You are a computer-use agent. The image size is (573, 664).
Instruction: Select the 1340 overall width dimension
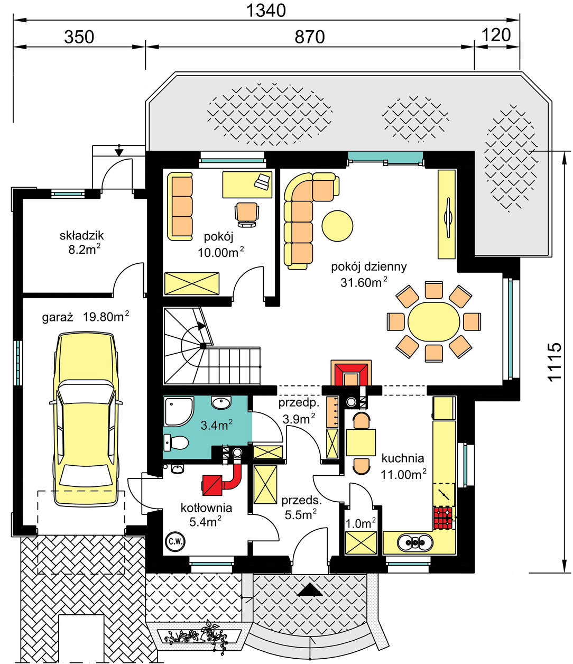266,10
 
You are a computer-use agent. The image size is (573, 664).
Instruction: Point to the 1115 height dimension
554,362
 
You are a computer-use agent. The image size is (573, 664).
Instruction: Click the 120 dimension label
496,35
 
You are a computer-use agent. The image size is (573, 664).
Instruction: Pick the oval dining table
433,321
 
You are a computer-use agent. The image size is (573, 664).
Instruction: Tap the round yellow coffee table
337,226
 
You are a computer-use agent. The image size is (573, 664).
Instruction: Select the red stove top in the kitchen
443,518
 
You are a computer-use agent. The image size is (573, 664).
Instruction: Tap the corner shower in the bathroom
179,411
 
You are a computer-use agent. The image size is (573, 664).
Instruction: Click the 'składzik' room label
81,235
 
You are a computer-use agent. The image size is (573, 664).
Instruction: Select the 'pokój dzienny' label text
369,266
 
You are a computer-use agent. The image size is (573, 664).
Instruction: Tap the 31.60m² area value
364,282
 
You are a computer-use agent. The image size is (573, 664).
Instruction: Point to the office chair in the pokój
247,215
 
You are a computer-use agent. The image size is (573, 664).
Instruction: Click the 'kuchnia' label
403,458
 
